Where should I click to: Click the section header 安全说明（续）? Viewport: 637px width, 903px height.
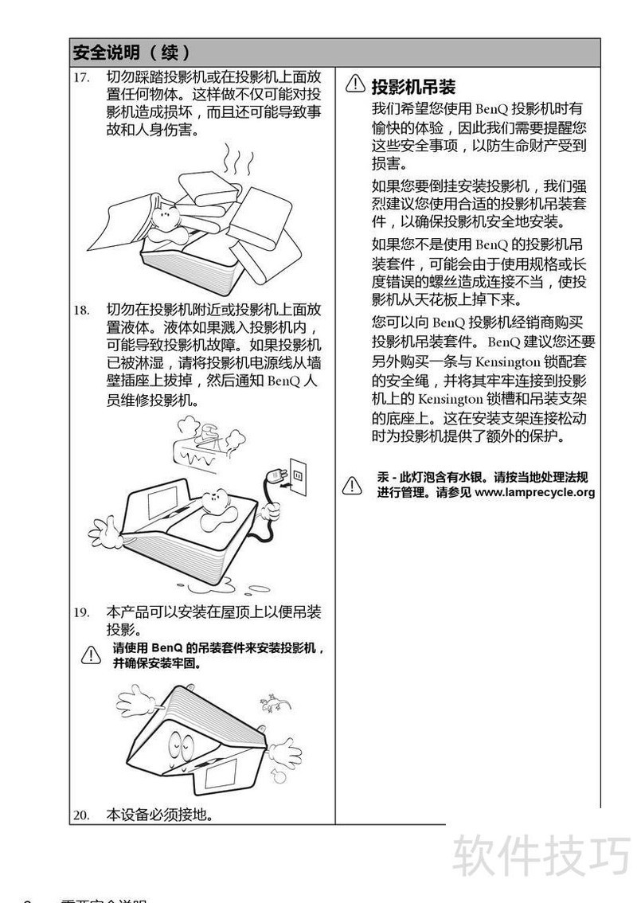[x=131, y=53]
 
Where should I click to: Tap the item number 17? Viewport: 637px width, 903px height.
[x=81, y=77]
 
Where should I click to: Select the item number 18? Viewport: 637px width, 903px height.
[x=81, y=310]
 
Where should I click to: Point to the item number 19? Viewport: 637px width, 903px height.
[x=81, y=612]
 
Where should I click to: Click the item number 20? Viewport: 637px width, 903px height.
[x=81, y=815]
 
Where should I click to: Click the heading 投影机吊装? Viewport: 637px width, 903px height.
[x=413, y=87]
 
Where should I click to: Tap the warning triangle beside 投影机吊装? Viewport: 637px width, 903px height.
[x=355, y=84]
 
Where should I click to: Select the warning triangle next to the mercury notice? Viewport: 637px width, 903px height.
[x=352, y=485]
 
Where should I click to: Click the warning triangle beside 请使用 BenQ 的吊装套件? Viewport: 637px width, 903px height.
[x=91, y=655]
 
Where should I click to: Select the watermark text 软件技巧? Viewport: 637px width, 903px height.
[x=541, y=855]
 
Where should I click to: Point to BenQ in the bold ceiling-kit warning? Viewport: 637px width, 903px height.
[x=167, y=648]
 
